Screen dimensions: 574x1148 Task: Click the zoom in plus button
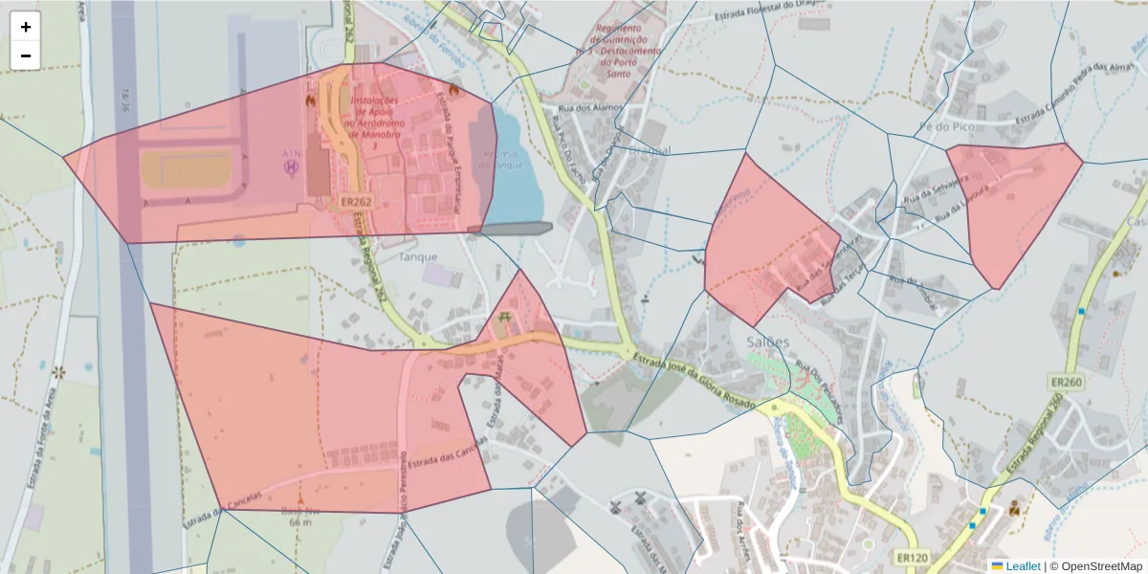click(x=26, y=27)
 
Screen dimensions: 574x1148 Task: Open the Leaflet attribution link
click(x=1022, y=566)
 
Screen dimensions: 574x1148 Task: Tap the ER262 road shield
click(x=355, y=203)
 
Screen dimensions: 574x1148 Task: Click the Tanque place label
click(x=418, y=256)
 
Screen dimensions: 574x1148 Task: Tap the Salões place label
click(x=767, y=342)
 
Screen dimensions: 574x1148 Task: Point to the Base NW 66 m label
click(x=300, y=517)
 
